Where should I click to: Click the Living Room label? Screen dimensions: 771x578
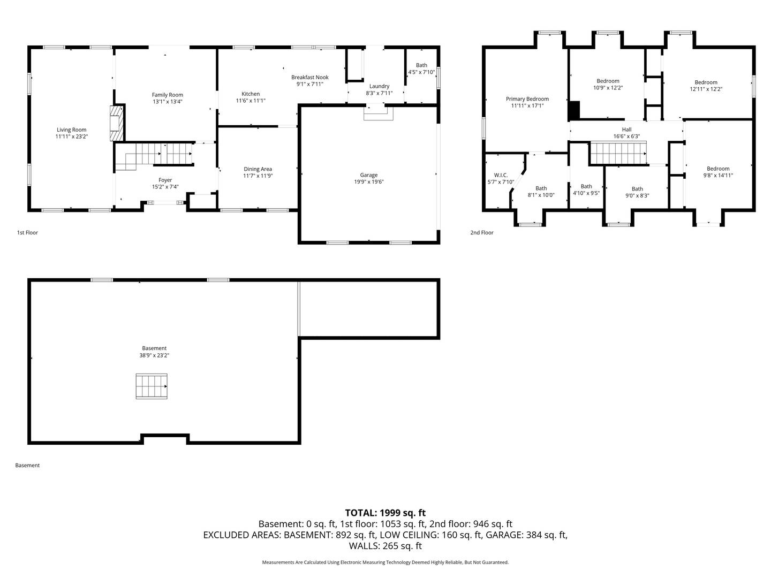coord(71,130)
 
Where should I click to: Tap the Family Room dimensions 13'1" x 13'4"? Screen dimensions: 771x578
coord(168,102)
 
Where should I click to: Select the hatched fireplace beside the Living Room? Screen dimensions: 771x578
coord(117,123)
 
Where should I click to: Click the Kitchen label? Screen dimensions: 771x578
coord(251,94)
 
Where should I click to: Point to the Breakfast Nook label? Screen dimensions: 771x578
coord(310,77)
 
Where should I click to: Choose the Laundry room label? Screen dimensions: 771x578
coord(380,86)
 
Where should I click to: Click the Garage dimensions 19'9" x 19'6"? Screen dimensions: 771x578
coord(369,182)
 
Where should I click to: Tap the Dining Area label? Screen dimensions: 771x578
coord(258,169)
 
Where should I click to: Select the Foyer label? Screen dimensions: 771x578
coord(165,180)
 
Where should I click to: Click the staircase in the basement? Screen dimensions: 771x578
coord(152,386)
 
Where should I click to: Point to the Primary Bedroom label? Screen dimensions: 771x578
coord(527,99)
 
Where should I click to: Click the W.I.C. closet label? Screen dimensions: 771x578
coord(501,175)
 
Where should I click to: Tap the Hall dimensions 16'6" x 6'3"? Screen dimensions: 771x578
coord(626,136)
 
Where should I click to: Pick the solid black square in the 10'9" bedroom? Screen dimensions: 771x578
coord(574,110)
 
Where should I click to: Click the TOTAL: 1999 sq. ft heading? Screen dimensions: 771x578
coord(385,513)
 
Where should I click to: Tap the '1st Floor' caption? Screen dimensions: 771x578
coord(27,233)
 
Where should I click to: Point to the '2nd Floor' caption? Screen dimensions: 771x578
coord(481,233)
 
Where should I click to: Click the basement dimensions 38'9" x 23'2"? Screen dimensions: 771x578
coord(154,355)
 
